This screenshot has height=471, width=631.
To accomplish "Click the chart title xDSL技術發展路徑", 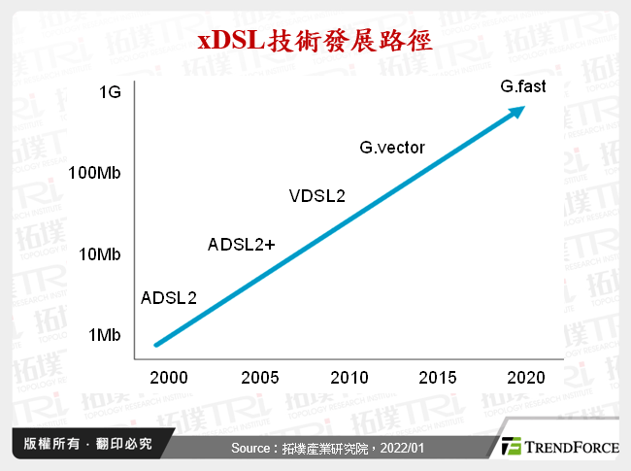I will (x=315, y=41).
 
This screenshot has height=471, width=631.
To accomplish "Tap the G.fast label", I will (x=523, y=86).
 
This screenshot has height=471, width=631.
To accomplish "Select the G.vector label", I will (x=392, y=149).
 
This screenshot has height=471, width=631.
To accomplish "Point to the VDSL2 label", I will (x=316, y=196).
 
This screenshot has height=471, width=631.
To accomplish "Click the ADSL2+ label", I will (x=242, y=244).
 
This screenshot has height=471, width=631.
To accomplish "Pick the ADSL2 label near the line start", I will (x=169, y=297).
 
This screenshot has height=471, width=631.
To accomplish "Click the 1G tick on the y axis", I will (x=110, y=93).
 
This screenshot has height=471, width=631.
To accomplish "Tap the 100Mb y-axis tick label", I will (x=95, y=174).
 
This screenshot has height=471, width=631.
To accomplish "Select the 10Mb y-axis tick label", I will (x=100, y=254).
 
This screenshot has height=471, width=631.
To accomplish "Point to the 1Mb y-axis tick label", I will (x=104, y=335).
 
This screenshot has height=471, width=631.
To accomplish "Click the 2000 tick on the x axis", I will (x=170, y=377).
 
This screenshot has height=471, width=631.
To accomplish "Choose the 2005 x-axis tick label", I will (x=259, y=377).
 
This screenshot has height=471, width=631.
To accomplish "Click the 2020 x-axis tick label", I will (x=525, y=377).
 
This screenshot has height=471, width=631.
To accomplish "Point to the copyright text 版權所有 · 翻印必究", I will (x=87, y=445).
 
